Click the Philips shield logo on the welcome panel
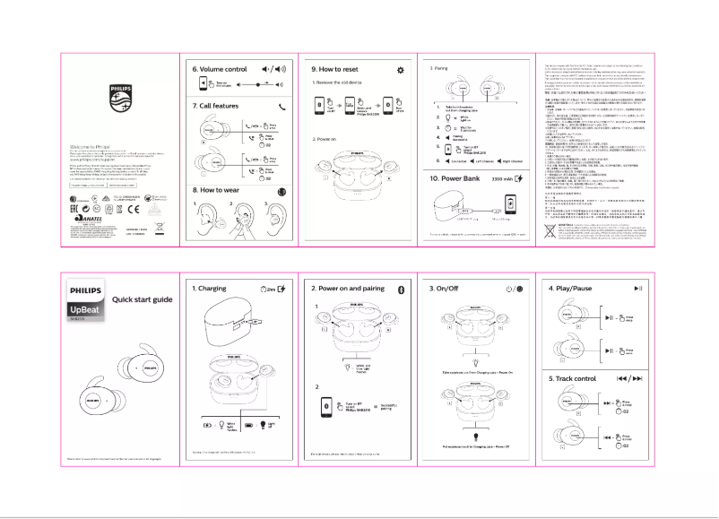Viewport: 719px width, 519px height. (119, 96)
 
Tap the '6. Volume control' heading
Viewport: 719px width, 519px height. (220, 69)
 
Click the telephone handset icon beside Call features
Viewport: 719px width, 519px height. (283, 107)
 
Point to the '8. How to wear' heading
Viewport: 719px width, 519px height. (219, 191)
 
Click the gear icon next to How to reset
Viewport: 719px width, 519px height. (400, 69)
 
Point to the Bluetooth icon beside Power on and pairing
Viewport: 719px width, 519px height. (402, 289)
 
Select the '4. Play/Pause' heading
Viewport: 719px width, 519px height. (575, 289)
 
